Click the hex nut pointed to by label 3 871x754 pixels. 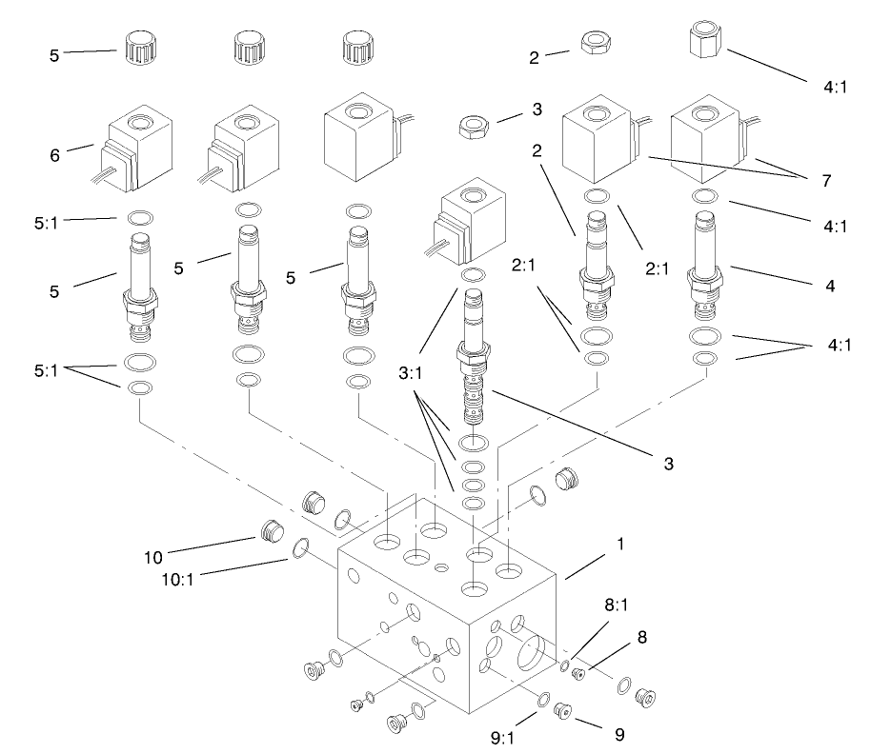coord(472,128)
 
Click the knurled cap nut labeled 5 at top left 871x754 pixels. coord(135,45)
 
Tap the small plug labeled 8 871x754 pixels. coord(577,675)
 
